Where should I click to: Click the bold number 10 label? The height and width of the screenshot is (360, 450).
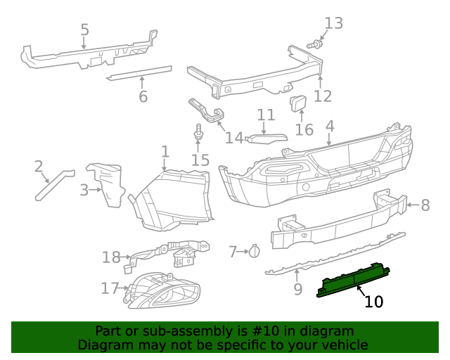click(x=374, y=302)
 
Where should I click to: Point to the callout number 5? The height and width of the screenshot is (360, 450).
click(x=84, y=30)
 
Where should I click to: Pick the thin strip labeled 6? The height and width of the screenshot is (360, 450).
click(x=139, y=73)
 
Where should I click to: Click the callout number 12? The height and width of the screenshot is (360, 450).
click(x=322, y=96)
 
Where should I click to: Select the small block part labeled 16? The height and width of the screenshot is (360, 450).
click(x=298, y=104)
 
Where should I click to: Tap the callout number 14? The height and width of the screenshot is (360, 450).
click(x=233, y=137)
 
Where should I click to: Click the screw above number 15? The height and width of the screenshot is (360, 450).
click(x=198, y=132)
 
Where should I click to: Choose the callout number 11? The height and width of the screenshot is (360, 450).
click(x=266, y=115)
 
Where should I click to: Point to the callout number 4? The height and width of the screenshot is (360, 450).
click(x=330, y=126)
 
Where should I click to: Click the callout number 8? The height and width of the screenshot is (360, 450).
click(x=425, y=205)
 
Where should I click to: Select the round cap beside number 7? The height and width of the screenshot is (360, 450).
click(x=255, y=250)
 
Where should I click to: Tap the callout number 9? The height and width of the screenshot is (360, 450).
click(x=297, y=288)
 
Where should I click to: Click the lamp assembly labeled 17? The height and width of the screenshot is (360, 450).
click(x=162, y=290)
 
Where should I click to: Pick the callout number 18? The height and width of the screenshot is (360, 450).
click(x=111, y=257)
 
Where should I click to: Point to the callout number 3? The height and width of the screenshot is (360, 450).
click(x=84, y=189)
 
